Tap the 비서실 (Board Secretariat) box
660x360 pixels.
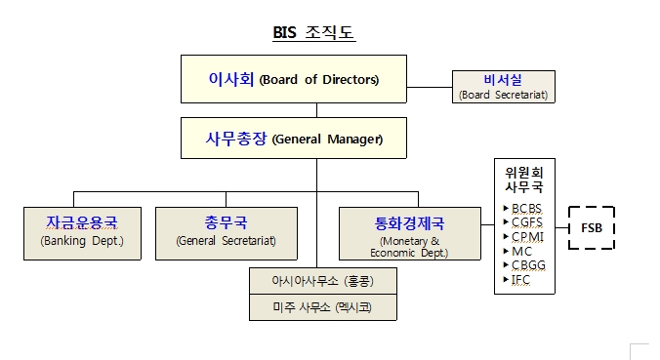[504, 87]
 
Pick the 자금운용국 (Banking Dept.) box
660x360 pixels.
[82, 232]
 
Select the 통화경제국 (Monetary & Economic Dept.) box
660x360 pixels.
[410, 232]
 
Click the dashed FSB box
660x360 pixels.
[591, 227]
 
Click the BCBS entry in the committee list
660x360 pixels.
[525, 209]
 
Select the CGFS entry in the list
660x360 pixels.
[525, 222]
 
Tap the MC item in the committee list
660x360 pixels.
[520, 251]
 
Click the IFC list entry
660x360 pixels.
[520, 279]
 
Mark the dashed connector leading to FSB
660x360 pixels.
[561, 227]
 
